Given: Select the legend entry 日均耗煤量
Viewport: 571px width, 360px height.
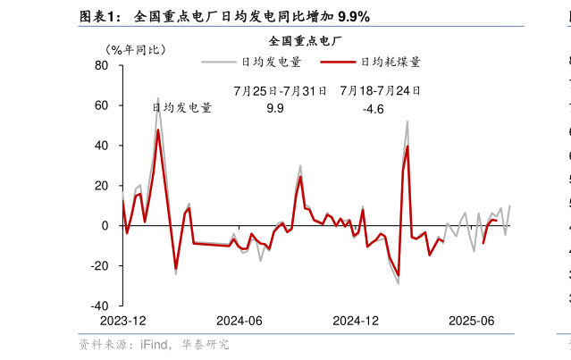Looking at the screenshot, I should [390, 62].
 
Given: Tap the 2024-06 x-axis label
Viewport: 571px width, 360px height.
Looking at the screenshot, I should [239, 321].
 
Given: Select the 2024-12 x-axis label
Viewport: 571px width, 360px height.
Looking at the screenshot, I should [356, 321].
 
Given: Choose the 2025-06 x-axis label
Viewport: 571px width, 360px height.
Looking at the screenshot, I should [471, 321].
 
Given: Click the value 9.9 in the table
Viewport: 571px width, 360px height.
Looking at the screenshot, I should [275, 109].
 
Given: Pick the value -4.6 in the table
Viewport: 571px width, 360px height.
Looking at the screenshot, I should [373, 109].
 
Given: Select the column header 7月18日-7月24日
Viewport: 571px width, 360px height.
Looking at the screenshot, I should [380, 91].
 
